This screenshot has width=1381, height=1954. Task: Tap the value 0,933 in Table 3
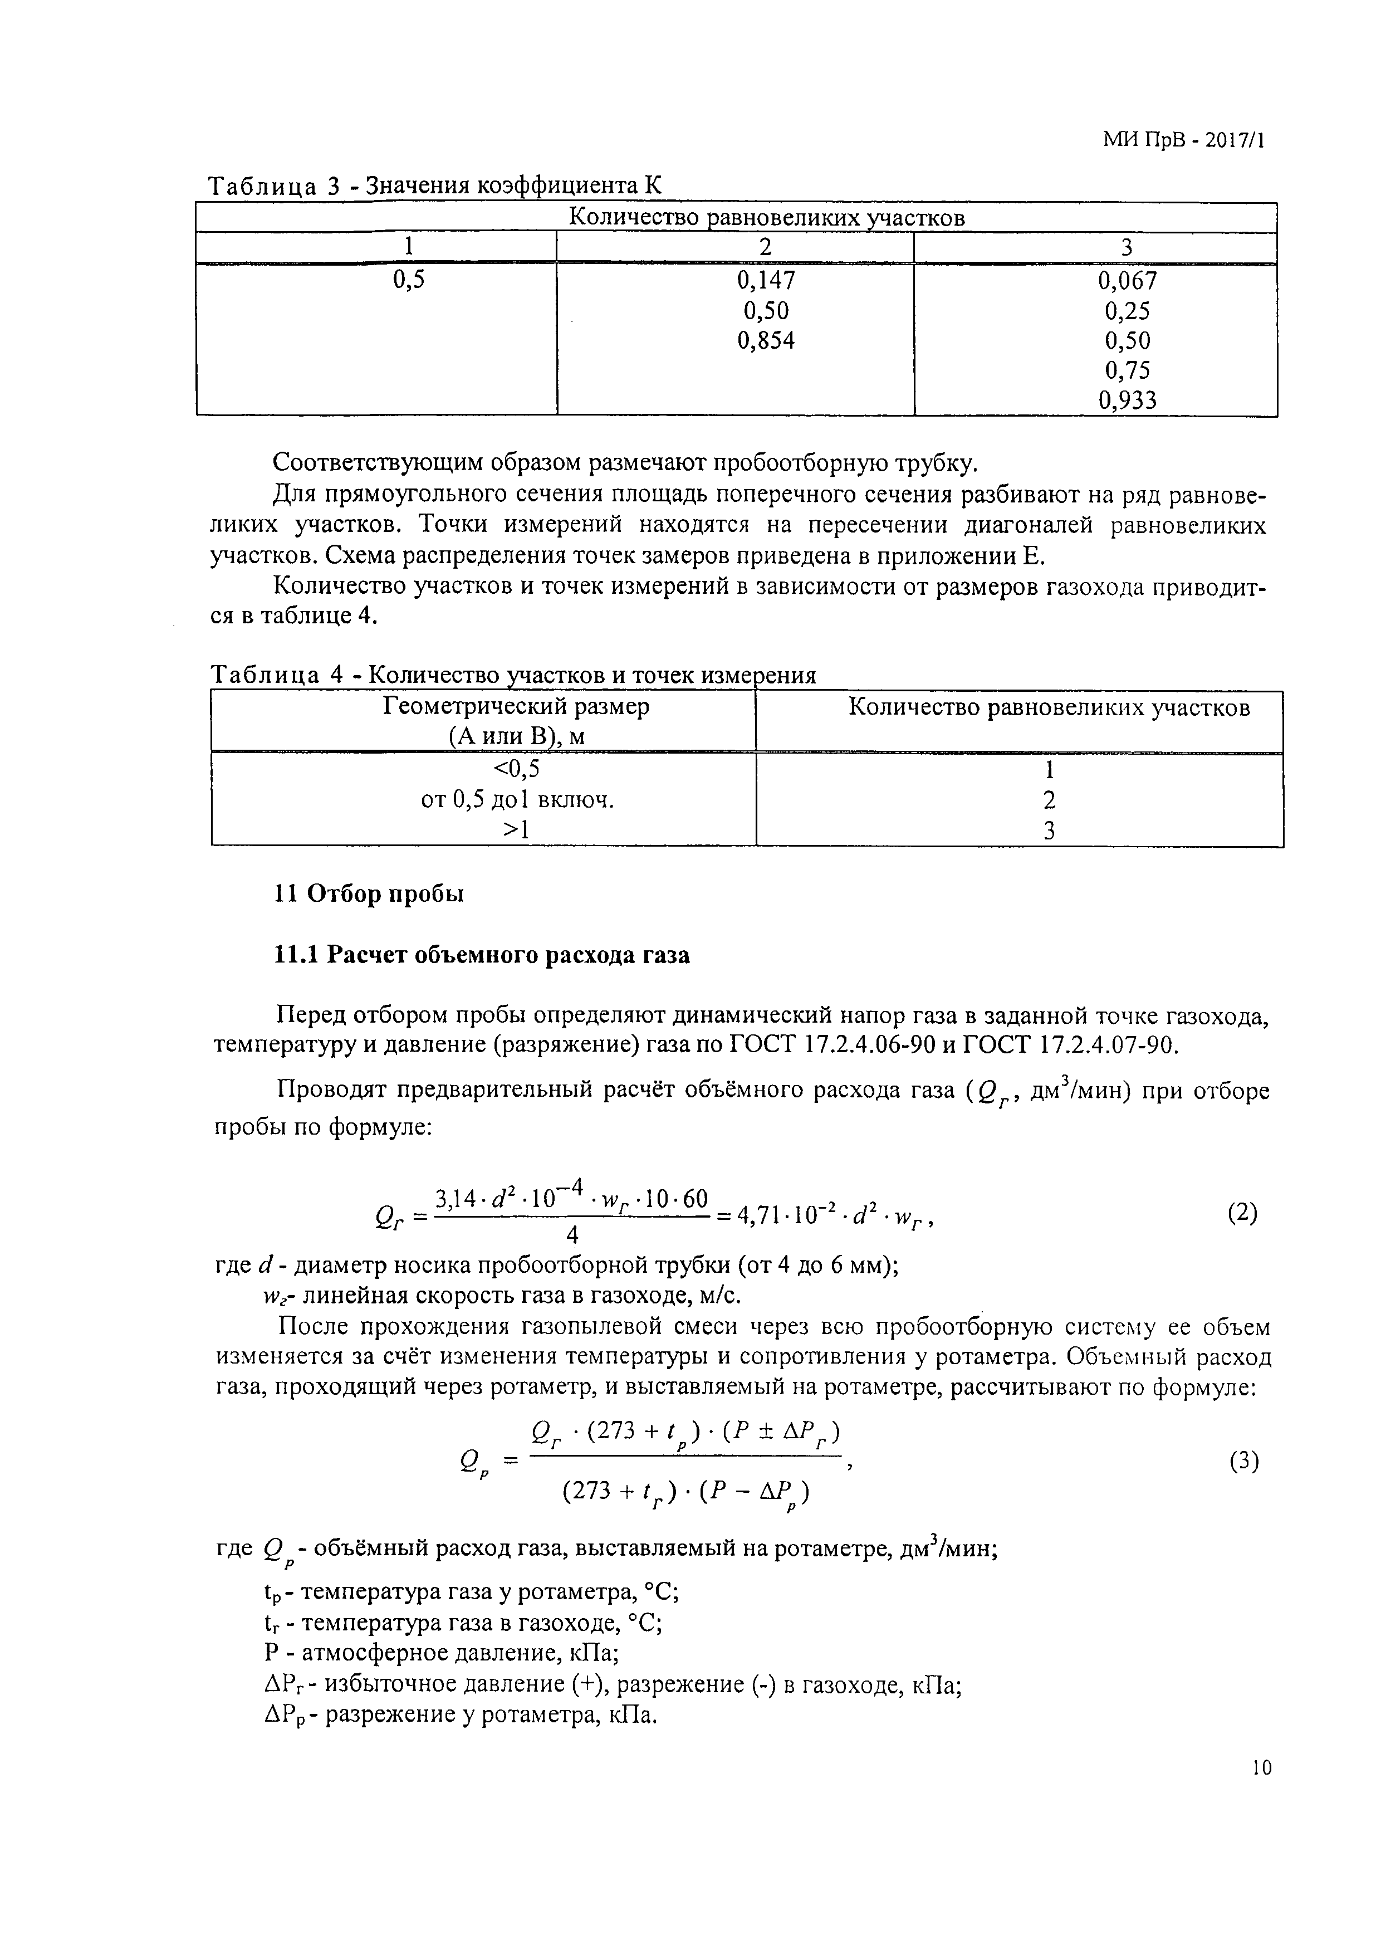(x=1128, y=399)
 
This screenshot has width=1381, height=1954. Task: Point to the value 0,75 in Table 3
(x=1128, y=369)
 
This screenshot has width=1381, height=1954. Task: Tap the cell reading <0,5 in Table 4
(x=517, y=769)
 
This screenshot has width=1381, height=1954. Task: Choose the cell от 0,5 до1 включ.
(x=517, y=800)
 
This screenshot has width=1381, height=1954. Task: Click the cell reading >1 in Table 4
(x=517, y=830)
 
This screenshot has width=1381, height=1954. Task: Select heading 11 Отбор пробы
(x=369, y=895)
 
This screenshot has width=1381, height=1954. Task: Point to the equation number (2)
(x=1242, y=1213)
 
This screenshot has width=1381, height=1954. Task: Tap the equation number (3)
(x=1243, y=1461)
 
